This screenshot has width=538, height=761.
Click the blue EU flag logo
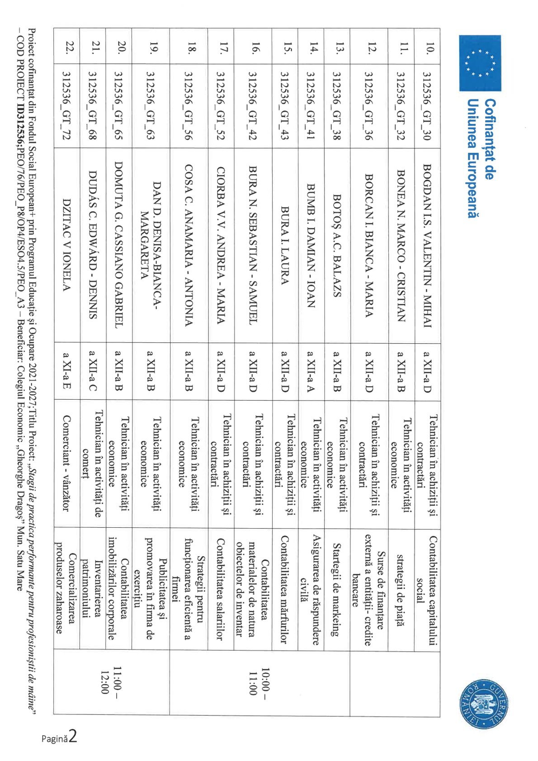(480, 63)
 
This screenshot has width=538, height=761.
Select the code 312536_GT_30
(427, 106)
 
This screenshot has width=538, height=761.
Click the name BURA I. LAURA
(285, 245)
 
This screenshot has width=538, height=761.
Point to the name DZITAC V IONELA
(66, 245)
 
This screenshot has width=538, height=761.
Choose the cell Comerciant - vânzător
(66, 463)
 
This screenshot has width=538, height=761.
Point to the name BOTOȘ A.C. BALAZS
(337, 245)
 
